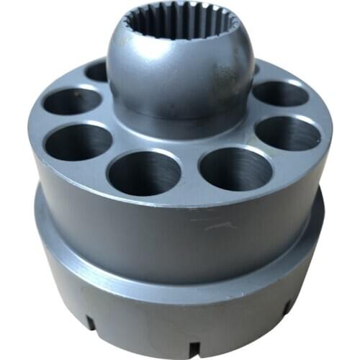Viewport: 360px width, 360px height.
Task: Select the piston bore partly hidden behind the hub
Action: pos(96,71)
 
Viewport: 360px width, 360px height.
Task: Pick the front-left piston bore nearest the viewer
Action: pos(144,173)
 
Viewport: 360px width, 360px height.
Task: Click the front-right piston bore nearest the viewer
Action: pos(235,168)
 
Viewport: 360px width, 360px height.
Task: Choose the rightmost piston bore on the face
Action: pos(288,133)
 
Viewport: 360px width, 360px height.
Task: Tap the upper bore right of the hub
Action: pos(279,93)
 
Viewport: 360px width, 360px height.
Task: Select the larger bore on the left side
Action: pos(78,141)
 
